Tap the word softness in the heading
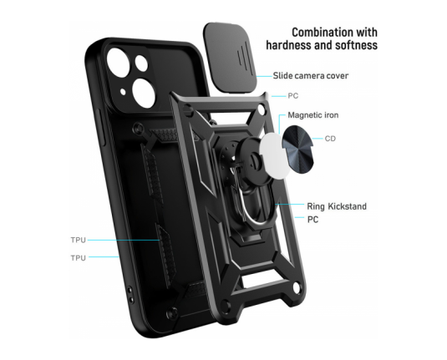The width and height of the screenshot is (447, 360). click(x=356, y=45)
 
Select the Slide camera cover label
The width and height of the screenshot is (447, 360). click(x=311, y=76)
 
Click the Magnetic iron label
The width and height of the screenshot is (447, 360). click(x=313, y=115)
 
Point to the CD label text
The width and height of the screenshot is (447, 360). click(x=330, y=139)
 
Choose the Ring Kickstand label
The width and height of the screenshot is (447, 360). click(x=337, y=206)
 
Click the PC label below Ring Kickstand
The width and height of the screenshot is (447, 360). click(x=312, y=220)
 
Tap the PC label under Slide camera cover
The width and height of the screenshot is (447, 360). click(x=292, y=96)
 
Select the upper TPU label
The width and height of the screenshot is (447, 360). click(x=78, y=240)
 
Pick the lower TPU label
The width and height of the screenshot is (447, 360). click(x=78, y=258)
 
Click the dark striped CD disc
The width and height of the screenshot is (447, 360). click(x=297, y=149)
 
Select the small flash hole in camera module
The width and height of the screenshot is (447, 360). click(x=123, y=92)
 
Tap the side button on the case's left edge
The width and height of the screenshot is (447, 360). click(x=102, y=127)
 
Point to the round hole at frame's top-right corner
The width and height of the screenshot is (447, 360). click(x=262, y=109)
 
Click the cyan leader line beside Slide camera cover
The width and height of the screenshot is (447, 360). click(x=264, y=76)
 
